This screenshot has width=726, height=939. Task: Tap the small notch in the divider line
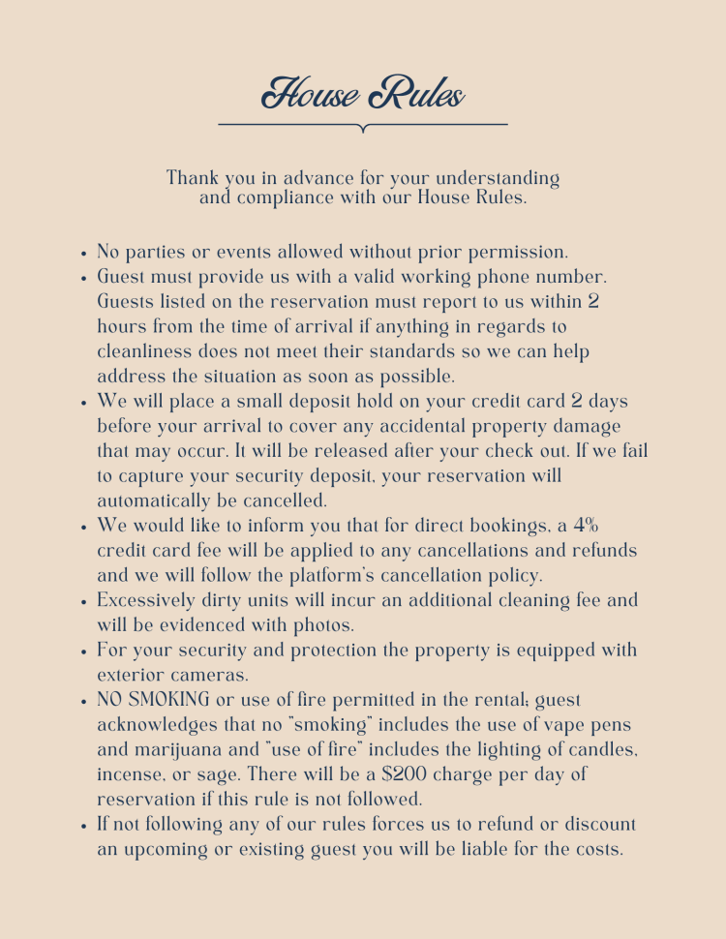tap(363, 128)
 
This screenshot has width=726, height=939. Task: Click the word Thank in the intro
tap(193, 178)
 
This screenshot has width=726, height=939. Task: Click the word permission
tap(519, 253)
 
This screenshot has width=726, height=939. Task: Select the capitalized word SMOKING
tap(173, 700)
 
